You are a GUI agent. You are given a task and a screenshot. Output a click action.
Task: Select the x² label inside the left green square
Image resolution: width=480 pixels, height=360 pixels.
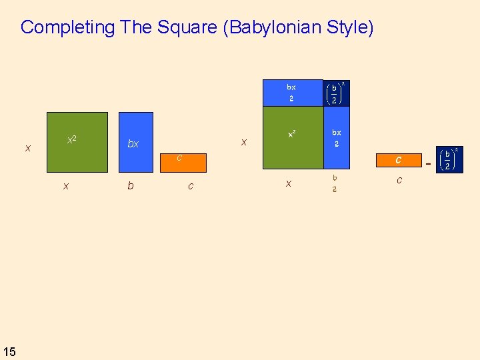click(x=71, y=140)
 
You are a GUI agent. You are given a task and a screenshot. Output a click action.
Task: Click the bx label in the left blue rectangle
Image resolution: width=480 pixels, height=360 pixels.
click(x=133, y=144)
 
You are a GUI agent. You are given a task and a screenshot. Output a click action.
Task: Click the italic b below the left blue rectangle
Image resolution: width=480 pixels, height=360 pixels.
click(x=130, y=186)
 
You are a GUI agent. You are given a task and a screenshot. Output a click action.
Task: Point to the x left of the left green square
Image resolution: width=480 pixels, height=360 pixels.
click(x=27, y=148)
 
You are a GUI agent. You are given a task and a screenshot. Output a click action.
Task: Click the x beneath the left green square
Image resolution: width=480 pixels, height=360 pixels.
click(x=65, y=187)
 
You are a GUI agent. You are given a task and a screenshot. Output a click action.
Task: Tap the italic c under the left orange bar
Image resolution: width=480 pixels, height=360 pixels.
click(x=191, y=186)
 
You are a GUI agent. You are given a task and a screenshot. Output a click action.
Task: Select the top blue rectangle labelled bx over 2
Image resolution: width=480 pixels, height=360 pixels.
click(x=292, y=93)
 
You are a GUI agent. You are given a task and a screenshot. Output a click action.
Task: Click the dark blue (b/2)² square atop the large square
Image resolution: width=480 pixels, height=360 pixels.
click(x=336, y=93)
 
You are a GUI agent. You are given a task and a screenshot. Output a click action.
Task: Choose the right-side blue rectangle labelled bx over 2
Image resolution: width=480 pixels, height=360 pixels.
click(x=337, y=138)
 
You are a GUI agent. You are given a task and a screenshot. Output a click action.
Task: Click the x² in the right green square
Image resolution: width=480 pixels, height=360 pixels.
click(x=292, y=134)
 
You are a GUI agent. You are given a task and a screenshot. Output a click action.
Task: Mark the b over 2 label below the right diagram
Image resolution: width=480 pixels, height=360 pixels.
click(x=335, y=183)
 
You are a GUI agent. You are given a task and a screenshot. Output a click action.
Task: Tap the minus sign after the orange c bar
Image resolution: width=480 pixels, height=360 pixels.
click(x=428, y=163)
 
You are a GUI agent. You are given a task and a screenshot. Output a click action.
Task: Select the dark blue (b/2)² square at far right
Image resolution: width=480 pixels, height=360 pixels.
click(x=449, y=161)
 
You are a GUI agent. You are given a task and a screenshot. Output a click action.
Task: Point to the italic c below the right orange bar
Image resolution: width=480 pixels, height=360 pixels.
click(x=399, y=180)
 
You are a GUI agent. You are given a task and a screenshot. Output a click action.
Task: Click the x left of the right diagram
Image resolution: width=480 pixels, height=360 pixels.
click(x=244, y=142)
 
